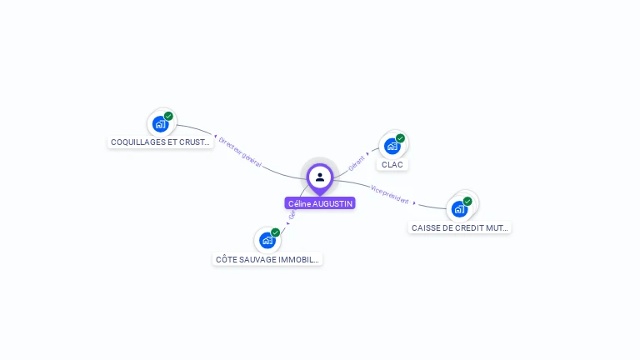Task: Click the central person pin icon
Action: click(320, 177)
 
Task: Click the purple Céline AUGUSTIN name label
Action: click(320, 203)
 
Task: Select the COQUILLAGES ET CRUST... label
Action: click(161, 142)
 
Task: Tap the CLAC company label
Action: click(392, 165)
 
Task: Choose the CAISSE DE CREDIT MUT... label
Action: click(460, 227)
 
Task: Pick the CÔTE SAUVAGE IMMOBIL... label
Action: click(267, 259)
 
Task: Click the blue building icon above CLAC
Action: click(392, 146)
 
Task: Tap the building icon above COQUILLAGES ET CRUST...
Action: click(161, 124)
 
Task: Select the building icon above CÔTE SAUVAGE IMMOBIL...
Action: click(267, 240)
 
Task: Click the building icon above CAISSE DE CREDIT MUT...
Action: click(459, 208)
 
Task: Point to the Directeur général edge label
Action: click(240, 152)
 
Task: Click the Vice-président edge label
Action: click(390, 194)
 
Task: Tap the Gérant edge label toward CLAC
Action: click(357, 162)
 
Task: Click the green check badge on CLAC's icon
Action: click(400, 138)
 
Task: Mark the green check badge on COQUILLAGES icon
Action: click(168, 117)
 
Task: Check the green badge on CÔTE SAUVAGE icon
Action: click(275, 232)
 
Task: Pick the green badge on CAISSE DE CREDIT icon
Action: click(467, 201)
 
